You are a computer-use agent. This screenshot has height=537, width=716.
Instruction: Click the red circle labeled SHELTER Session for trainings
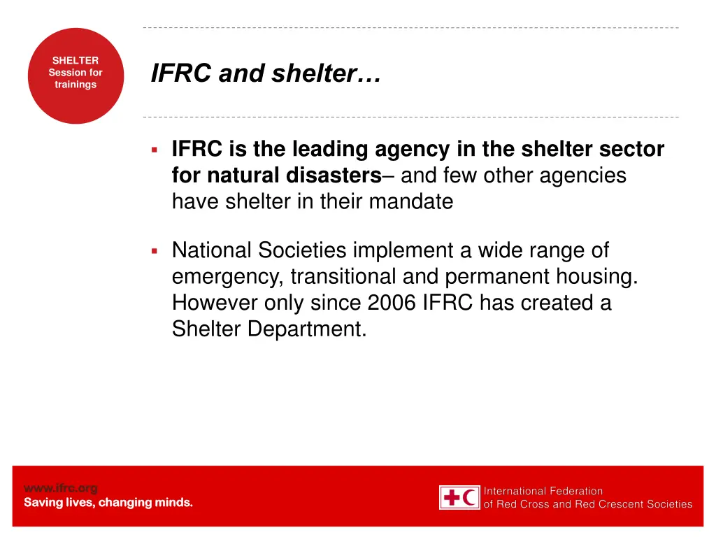click(x=76, y=76)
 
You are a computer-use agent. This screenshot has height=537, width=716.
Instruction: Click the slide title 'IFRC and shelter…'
click(x=266, y=73)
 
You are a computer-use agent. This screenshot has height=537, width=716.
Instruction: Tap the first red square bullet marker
click(x=154, y=149)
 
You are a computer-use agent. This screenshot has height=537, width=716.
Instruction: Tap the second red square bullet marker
click(x=154, y=250)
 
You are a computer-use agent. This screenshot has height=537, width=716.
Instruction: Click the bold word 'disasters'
click(x=334, y=175)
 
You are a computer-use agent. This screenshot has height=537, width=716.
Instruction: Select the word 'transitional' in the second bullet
click(x=343, y=276)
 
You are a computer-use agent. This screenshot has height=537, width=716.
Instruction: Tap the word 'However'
click(x=215, y=303)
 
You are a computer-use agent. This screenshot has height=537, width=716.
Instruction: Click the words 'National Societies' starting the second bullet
click(x=259, y=250)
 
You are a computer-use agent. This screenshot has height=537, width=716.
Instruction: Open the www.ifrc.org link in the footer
click(x=61, y=488)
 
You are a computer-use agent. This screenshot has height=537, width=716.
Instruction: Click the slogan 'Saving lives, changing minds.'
click(x=108, y=503)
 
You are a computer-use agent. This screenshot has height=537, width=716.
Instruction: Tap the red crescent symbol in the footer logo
click(x=471, y=498)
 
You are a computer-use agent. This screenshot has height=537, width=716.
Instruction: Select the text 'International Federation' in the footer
click(x=543, y=491)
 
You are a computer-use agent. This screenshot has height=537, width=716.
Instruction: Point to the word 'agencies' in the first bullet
click(x=582, y=175)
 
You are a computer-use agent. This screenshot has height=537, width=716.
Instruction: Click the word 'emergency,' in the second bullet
click(x=228, y=276)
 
